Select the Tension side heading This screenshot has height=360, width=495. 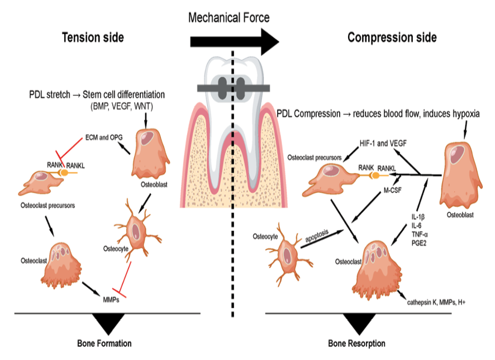[x=93, y=37]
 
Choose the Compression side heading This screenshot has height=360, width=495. [x=392, y=37]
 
